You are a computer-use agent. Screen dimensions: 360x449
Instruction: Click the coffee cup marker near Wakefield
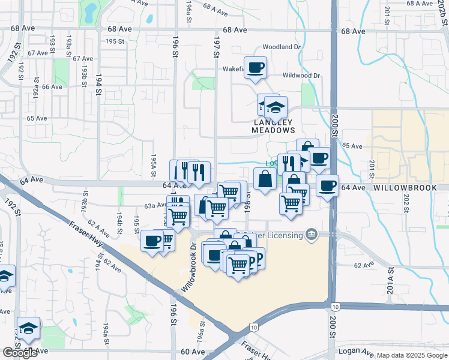[255, 68]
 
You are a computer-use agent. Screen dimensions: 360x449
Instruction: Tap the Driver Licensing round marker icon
[311, 234]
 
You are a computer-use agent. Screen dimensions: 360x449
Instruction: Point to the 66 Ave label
[52, 86]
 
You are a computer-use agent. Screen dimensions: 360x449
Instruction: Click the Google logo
[20, 353]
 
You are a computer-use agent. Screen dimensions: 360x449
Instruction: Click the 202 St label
[406, 204]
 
